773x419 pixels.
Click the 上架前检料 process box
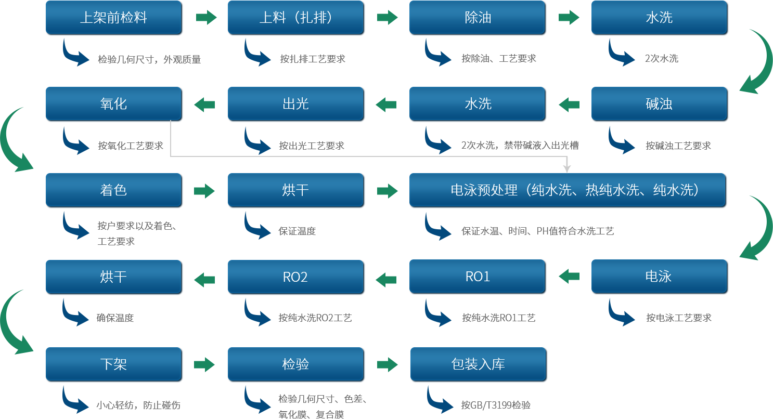(x=113, y=18)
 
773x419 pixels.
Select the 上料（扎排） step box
(x=295, y=18)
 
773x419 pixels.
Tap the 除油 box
(x=477, y=18)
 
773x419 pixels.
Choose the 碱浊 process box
(x=659, y=104)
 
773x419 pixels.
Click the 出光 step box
(x=295, y=104)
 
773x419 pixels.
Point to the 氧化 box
(x=113, y=104)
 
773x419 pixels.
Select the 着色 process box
(x=113, y=190)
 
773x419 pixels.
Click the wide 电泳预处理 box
(x=568, y=190)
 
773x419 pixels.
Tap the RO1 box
(x=477, y=277)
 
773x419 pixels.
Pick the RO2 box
(x=295, y=277)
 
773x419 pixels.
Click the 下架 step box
(x=113, y=364)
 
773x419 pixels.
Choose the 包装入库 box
(x=478, y=364)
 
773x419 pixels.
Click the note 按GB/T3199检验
(x=496, y=405)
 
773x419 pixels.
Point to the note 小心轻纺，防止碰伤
(x=138, y=405)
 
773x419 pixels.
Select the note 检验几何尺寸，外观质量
(x=149, y=59)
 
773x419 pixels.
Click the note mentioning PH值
(x=537, y=231)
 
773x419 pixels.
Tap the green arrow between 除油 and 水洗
(x=569, y=18)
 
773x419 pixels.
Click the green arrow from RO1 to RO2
(x=386, y=280)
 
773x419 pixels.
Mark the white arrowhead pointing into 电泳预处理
(x=567, y=169)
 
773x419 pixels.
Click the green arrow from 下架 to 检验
(x=204, y=364)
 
